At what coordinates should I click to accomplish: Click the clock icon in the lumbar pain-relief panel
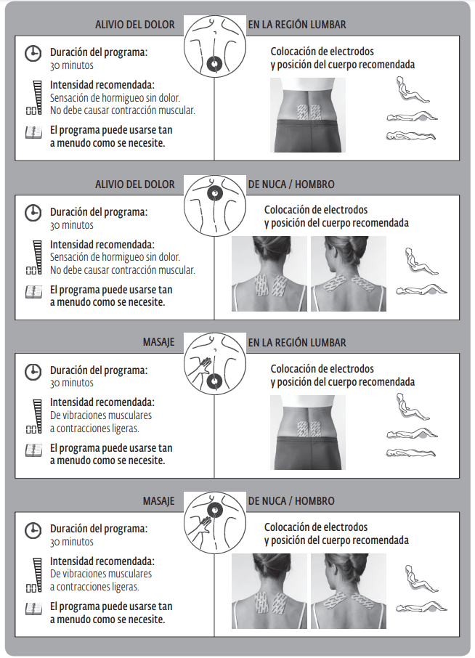(x=33, y=54)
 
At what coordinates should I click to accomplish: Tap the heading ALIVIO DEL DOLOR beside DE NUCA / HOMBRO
(x=134, y=184)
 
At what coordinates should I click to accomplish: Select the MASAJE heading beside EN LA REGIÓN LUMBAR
(x=158, y=342)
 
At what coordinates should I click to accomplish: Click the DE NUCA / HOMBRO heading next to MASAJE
(x=291, y=500)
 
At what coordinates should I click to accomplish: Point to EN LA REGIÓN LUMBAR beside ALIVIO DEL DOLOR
(x=297, y=25)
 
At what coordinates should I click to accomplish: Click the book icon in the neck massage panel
(x=33, y=608)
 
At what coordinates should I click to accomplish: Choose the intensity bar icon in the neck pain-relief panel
(x=34, y=257)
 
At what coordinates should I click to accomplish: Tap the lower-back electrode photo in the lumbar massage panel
(x=307, y=432)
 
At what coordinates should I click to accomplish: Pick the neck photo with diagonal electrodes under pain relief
(x=349, y=274)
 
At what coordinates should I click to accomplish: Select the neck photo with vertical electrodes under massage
(x=269, y=591)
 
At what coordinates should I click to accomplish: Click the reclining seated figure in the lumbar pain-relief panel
(x=413, y=90)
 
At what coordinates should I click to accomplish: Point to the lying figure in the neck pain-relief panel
(x=421, y=289)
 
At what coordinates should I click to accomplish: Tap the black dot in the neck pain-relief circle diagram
(x=214, y=194)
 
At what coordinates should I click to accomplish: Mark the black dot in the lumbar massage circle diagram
(x=214, y=381)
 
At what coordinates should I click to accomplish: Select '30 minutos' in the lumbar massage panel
(x=72, y=383)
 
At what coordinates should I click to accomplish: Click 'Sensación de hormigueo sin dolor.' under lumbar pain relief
(x=115, y=98)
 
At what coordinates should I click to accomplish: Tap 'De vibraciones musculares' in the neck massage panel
(x=101, y=574)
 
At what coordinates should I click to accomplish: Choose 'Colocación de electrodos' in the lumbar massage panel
(x=322, y=369)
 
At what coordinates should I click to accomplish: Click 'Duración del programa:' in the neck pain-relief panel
(x=99, y=212)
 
